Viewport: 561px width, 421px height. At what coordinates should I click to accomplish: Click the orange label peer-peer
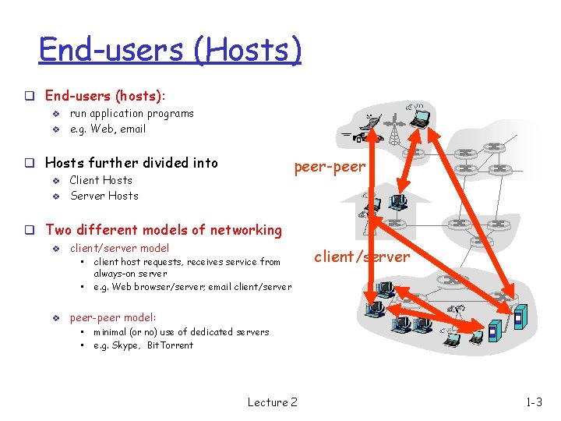click(x=329, y=166)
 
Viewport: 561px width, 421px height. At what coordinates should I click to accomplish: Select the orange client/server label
click(x=361, y=256)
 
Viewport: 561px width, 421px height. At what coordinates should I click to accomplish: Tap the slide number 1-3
click(x=534, y=402)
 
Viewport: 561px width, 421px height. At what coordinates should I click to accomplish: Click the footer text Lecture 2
click(x=272, y=402)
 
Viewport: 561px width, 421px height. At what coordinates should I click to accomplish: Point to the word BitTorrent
click(x=170, y=345)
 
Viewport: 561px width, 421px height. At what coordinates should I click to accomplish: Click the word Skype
click(x=127, y=345)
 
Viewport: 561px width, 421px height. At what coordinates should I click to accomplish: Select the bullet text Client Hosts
click(x=101, y=180)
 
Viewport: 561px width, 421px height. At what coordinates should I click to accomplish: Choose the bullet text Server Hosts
click(x=104, y=196)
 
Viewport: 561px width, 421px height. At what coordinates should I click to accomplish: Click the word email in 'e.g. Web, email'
click(x=132, y=129)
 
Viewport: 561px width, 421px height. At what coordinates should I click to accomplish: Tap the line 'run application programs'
click(x=132, y=113)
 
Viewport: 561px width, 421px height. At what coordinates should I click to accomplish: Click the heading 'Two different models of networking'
click(x=164, y=230)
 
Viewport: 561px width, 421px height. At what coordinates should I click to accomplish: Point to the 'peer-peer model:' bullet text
click(x=113, y=317)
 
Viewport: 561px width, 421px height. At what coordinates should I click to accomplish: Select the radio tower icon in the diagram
click(x=393, y=128)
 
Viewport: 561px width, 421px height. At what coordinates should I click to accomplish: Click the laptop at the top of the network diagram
click(x=421, y=118)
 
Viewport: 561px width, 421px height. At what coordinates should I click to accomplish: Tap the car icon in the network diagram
click(x=361, y=137)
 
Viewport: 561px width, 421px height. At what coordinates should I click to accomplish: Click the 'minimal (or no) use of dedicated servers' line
click(x=181, y=332)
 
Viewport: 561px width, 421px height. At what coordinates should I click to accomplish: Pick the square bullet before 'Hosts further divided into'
click(x=27, y=164)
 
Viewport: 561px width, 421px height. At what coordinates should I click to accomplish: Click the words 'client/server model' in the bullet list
click(x=119, y=248)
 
